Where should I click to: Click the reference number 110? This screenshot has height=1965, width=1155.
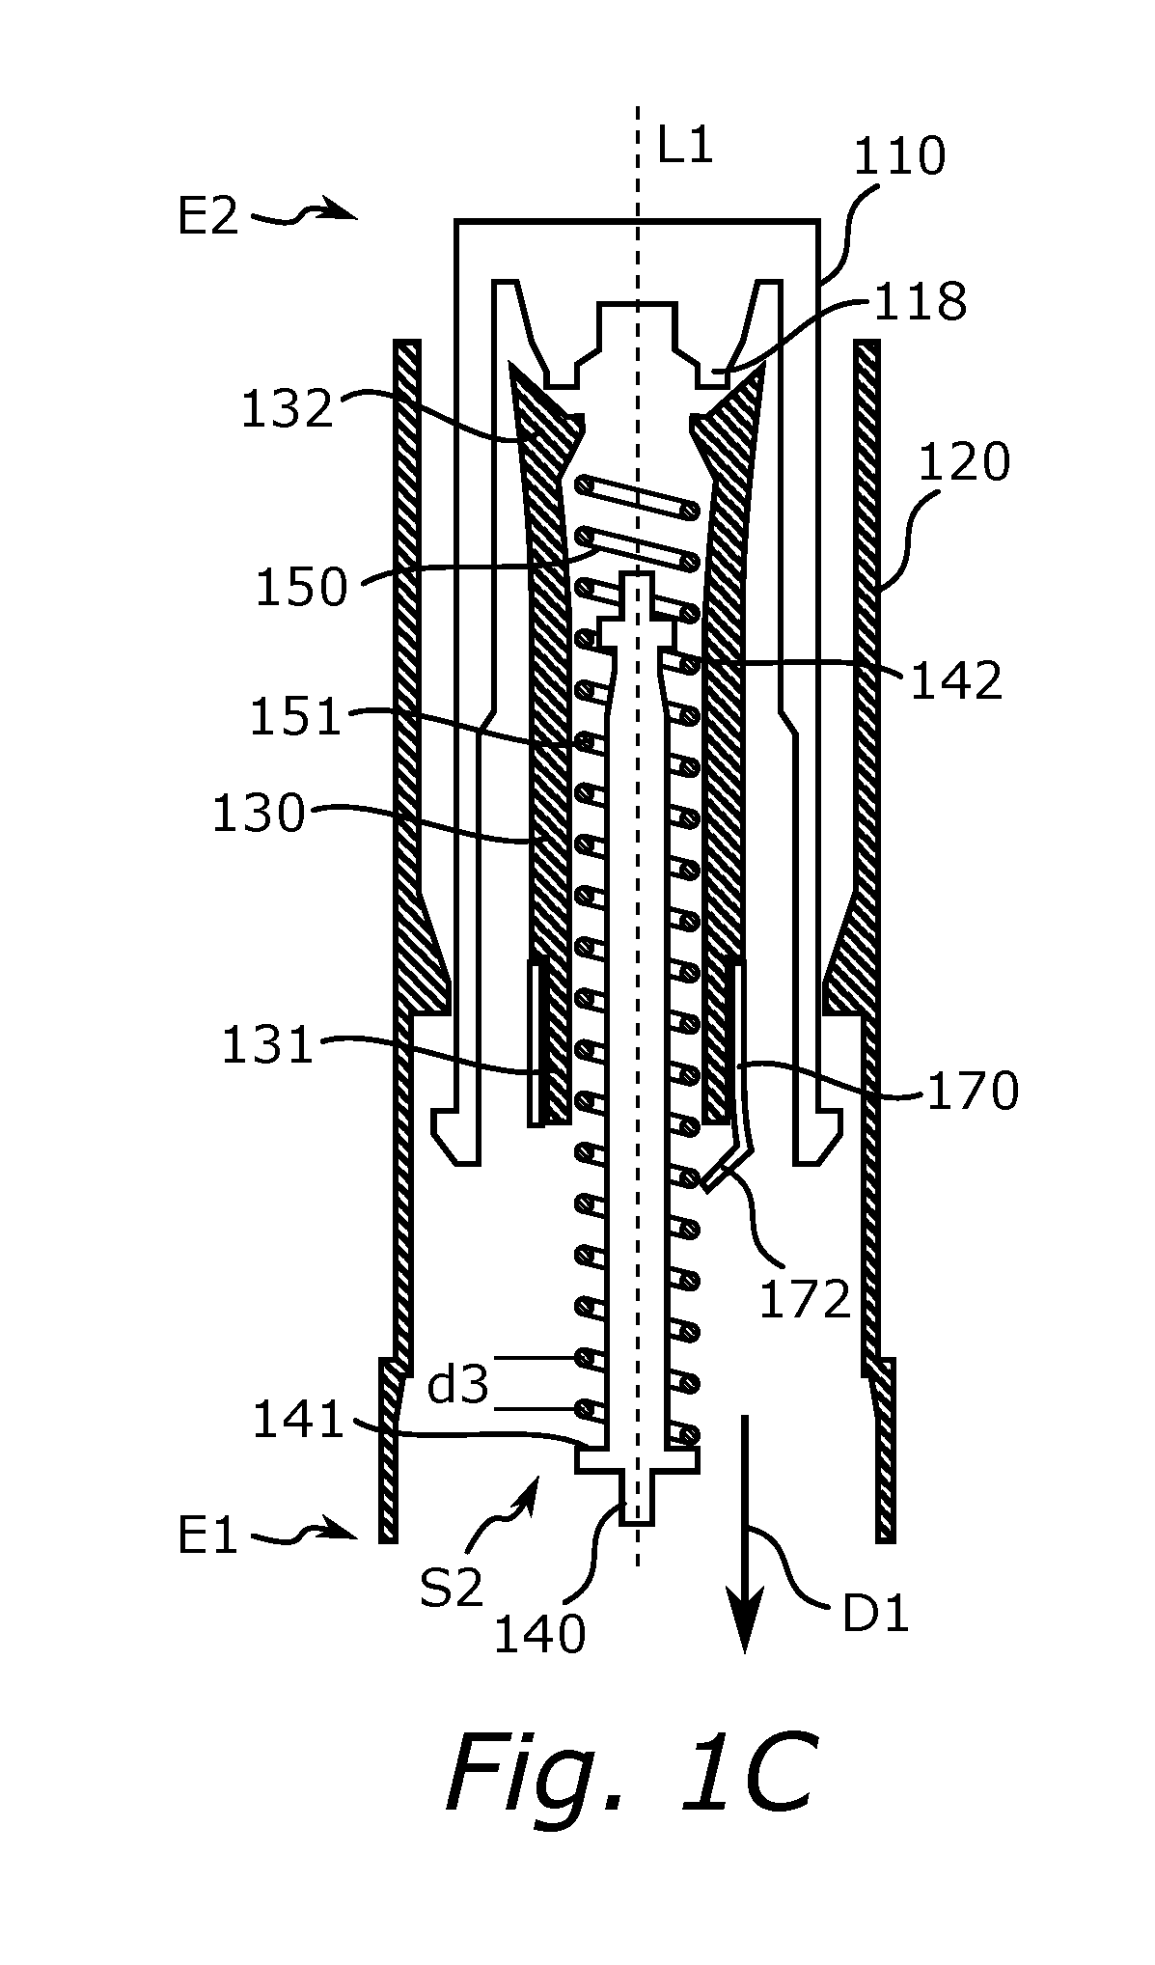point(899,157)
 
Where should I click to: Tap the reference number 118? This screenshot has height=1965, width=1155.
point(920,302)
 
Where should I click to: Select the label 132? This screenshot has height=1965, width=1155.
point(286,409)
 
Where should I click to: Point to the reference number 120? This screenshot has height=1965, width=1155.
point(963,463)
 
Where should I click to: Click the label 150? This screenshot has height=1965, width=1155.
point(300,587)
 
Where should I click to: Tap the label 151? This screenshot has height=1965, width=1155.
point(295,718)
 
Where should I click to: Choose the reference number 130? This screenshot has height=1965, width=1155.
point(258,815)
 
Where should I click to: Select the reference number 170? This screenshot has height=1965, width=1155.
point(973,1093)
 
